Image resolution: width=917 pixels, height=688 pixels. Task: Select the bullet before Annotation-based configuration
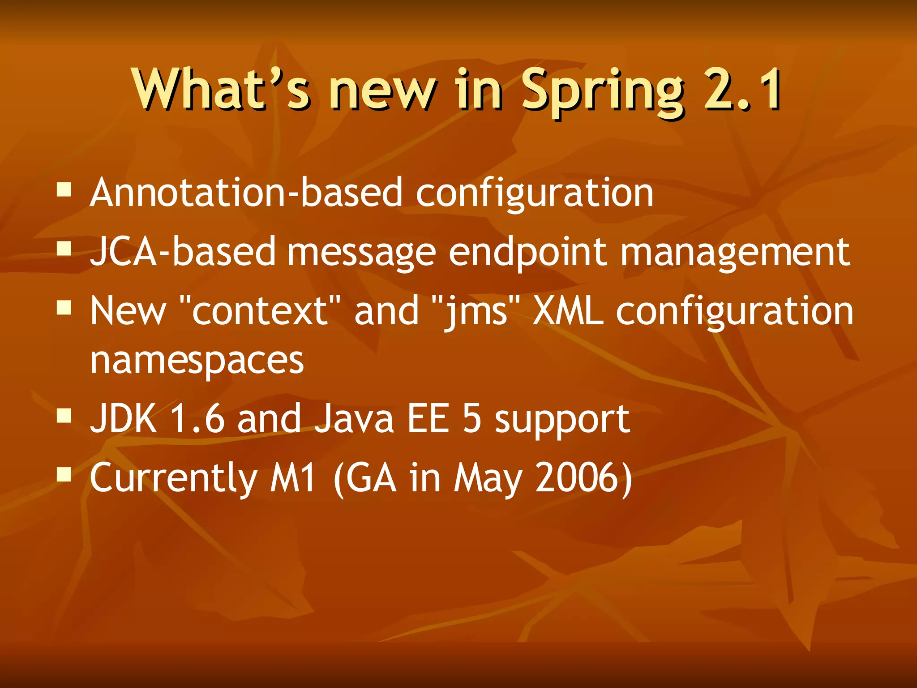point(64,190)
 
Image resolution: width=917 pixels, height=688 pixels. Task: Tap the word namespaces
point(197,361)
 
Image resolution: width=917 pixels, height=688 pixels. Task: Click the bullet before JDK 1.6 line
point(64,416)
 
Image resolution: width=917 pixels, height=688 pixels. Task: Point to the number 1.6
point(197,418)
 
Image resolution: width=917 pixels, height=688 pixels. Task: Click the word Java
point(354,418)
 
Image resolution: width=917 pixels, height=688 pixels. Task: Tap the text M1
point(293,477)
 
